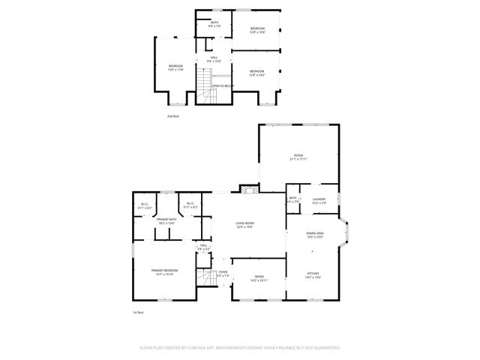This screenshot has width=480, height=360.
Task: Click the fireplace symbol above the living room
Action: click(x=248, y=190)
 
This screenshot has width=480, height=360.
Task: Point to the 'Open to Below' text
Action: click(x=223, y=86)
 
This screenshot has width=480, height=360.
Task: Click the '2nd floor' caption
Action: click(x=173, y=116)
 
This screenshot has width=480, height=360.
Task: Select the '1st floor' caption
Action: click(x=137, y=312)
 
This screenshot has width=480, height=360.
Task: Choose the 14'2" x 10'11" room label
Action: click(x=259, y=280)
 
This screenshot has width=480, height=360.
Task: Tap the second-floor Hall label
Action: click(x=214, y=60)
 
